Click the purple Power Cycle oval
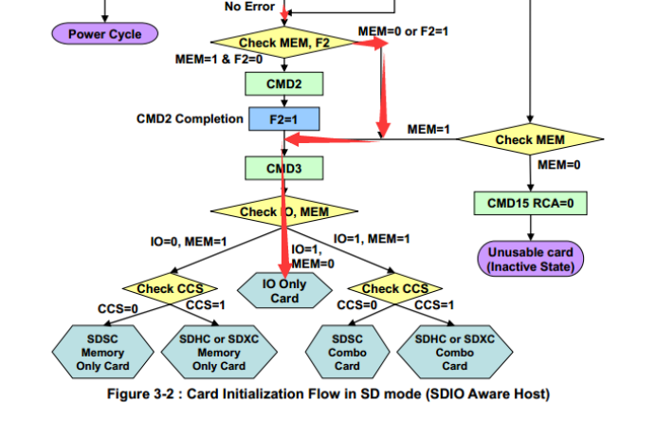104,34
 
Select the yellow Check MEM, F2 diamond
283,43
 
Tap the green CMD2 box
283,84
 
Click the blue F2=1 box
283,119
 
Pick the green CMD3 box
283,169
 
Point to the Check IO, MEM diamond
283,211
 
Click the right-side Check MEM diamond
530,140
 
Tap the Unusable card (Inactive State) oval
530,259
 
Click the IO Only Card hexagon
284,291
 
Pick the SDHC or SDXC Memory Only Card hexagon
219,353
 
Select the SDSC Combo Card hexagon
347,353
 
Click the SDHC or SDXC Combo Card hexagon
454,353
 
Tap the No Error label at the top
249,8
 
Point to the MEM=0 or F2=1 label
403,31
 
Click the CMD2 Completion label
190,119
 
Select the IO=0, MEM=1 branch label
189,242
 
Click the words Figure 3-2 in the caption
143,394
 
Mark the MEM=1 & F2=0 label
219,60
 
